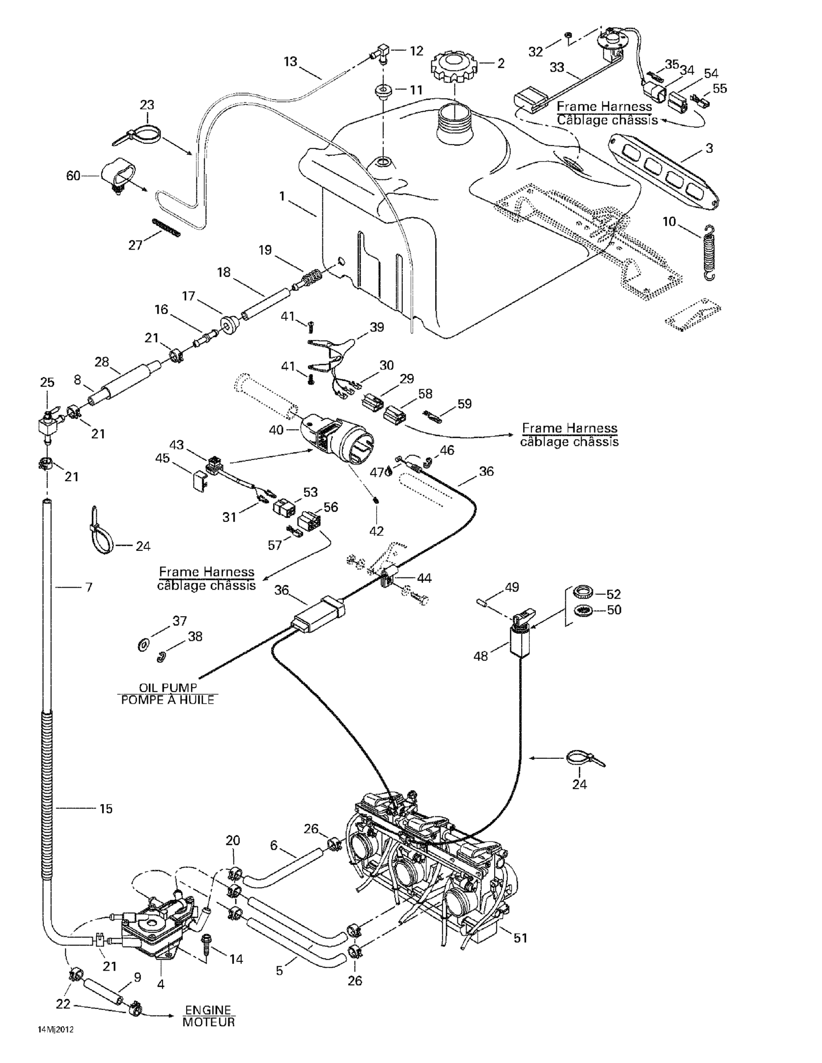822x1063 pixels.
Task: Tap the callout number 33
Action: [x=557, y=67]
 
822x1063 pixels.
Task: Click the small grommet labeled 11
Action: [x=384, y=91]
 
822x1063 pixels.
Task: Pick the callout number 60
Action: [x=73, y=175]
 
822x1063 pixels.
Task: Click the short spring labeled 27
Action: [x=166, y=228]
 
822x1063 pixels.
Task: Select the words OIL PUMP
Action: [x=168, y=688]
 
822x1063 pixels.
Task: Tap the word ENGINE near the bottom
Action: [x=208, y=1010]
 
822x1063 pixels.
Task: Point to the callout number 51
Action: [x=520, y=937]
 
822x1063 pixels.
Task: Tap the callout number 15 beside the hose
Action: [x=105, y=809]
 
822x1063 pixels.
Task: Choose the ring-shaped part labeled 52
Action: [x=586, y=593]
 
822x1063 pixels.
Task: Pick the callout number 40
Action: [x=276, y=430]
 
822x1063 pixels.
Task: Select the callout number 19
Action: [x=265, y=250]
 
